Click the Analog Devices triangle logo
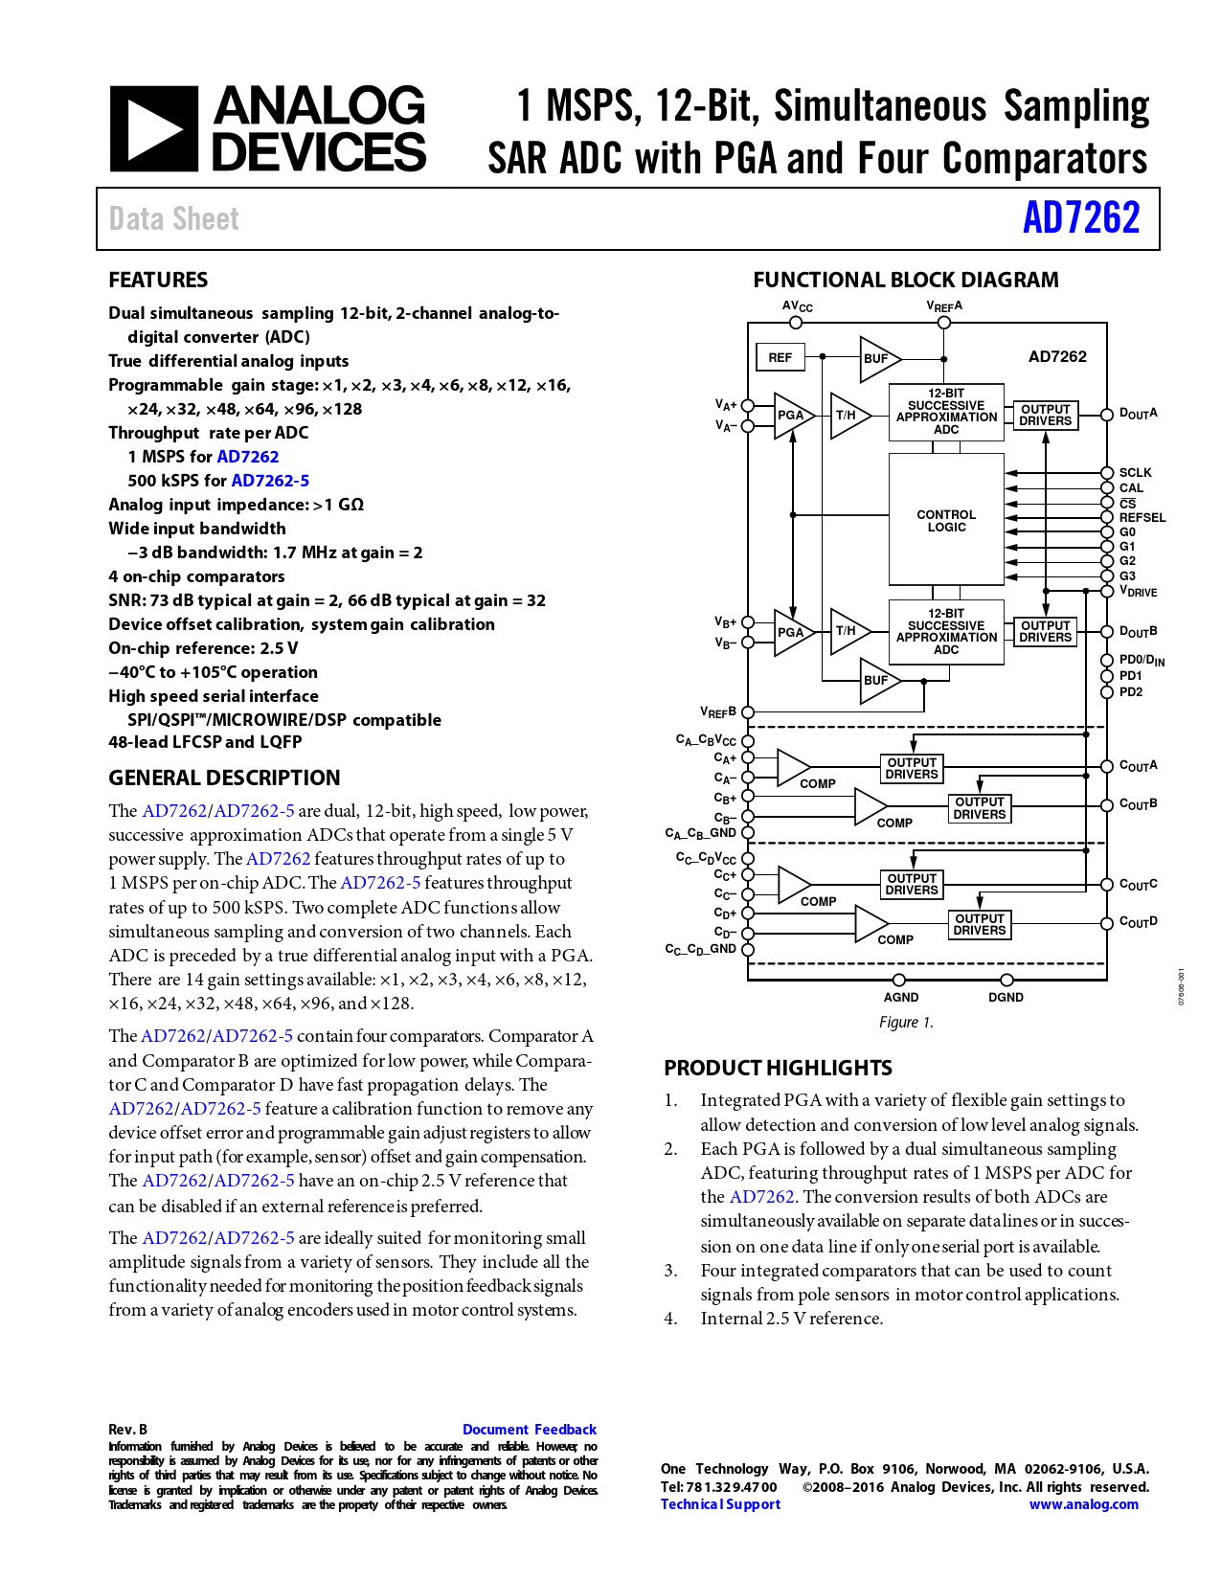pos(153,129)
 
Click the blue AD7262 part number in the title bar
pos(1081,218)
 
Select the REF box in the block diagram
pos(780,357)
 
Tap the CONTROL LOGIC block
pos(946,521)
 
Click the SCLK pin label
pos(1136,472)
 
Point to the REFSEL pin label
pos(1142,517)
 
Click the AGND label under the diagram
pos(900,997)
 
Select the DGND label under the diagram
pos(1006,997)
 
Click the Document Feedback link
pos(529,1429)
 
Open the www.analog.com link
pos(1084,1504)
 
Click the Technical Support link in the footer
pos(720,1504)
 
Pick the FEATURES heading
pos(158,280)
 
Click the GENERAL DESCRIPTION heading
pos(224,778)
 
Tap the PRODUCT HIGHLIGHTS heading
pos(778,1068)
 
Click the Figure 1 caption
pos(906,1023)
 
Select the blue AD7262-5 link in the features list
pos(270,481)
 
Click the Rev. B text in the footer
pos(127,1429)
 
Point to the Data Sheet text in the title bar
pos(173,219)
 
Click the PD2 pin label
pos(1131,691)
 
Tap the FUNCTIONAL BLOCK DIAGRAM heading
pos(906,280)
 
